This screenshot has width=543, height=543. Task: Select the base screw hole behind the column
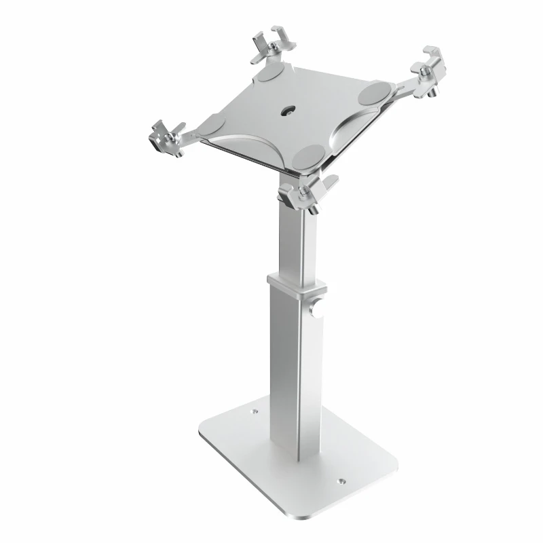(255, 411)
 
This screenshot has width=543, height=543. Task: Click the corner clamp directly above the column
(309, 193)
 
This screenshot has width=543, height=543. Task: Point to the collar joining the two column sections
(296, 284)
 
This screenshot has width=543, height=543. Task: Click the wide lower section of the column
(295, 367)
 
